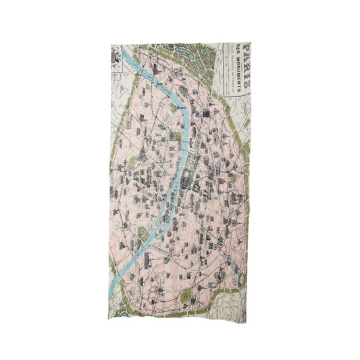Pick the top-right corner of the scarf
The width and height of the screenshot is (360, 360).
252,45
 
